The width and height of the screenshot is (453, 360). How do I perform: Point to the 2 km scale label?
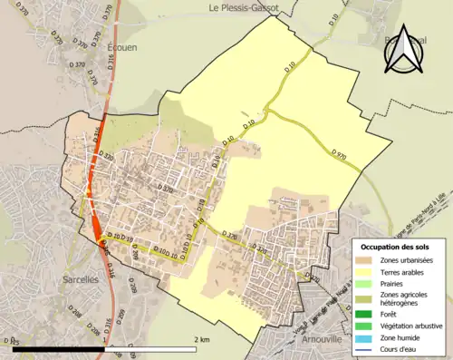click(202, 339)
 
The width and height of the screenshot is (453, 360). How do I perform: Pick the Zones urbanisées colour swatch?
click(368, 261)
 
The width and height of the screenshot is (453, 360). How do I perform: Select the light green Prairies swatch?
click(368, 284)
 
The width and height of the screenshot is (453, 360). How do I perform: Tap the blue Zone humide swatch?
click(368, 338)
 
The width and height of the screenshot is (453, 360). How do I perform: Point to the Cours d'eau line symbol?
click(368, 350)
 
